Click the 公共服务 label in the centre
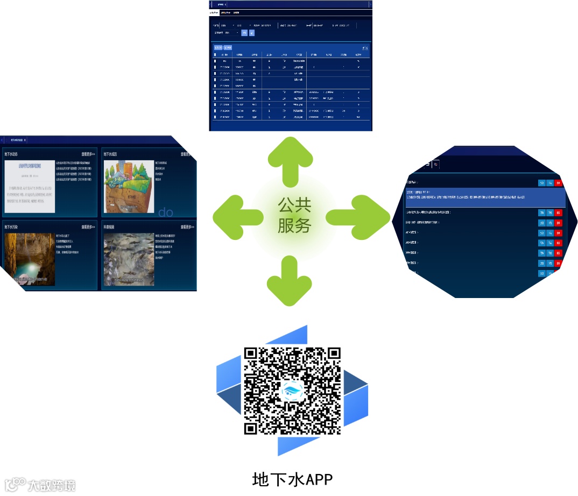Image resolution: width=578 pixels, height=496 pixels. [x=294, y=215]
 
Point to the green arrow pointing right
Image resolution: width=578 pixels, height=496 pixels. [x=358, y=217]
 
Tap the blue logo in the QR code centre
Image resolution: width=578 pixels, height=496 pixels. [x=293, y=391]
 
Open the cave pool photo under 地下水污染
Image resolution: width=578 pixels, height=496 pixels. [x=29, y=259]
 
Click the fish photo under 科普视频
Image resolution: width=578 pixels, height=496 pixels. [x=129, y=259]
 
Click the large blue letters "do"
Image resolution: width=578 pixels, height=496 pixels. [x=166, y=212]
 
